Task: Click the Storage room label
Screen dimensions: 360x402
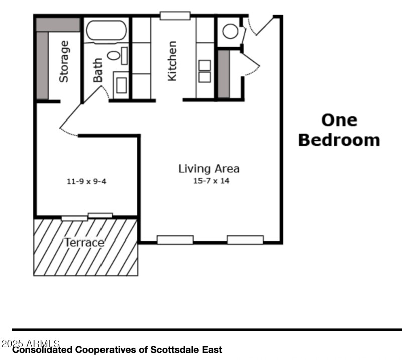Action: [x=64, y=62]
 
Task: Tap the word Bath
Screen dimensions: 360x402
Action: [x=97, y=70]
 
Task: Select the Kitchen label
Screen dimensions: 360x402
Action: [x=172, y=61]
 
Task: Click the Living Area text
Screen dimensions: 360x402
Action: [x=209, y=169]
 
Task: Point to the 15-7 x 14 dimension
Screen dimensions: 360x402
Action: [x=211, y=181]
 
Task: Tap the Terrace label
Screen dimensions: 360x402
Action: [x=84, y=243]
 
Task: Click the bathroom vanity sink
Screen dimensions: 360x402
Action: [x=121, y=85]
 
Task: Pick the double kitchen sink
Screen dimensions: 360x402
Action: [x=205, y=71]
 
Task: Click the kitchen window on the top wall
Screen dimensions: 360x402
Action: [x=175, y=16]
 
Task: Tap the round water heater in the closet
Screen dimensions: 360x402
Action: [x=230, y=31]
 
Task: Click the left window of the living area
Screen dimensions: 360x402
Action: [x=175, y=240]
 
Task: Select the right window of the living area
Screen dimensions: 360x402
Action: [x=245, y=240]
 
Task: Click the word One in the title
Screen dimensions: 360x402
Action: [x=339, y=120]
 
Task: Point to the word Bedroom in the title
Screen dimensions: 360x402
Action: [x=339, y=140]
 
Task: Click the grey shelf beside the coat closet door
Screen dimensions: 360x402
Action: [x=223, y=74]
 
